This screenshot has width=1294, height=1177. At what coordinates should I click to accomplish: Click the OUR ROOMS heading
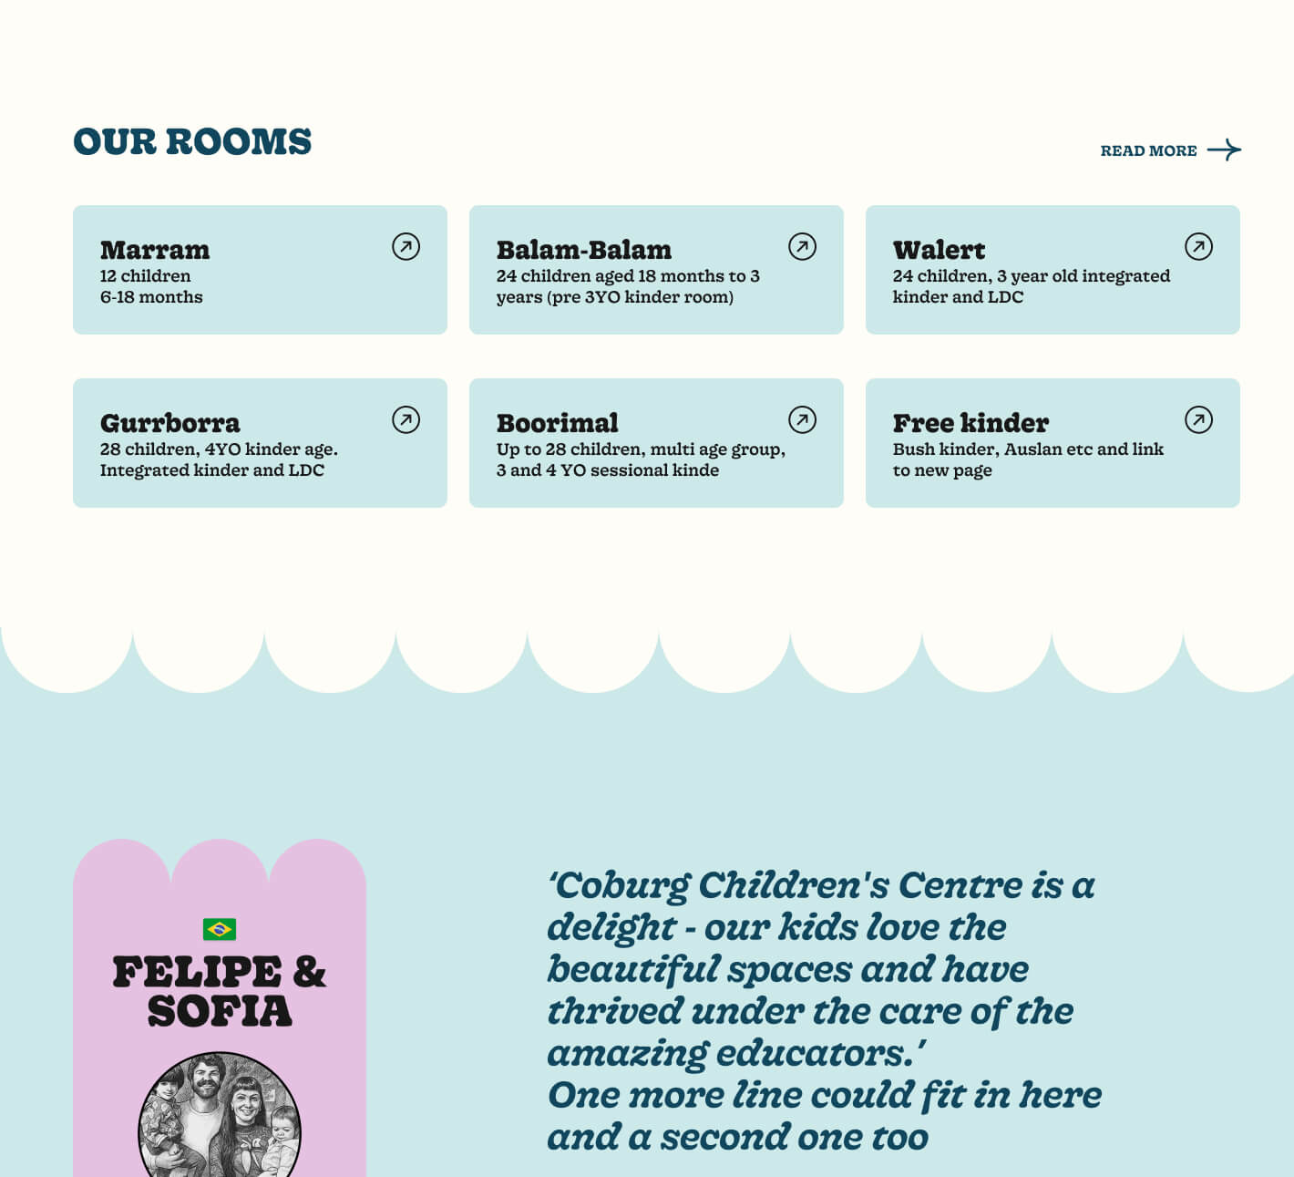tap(192, 142)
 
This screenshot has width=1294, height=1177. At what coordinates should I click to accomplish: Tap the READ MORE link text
tap(1148, 151)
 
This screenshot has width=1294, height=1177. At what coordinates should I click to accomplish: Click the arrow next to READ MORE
tap(1224, 150)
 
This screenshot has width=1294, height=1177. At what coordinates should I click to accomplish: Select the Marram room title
tap(155, 250)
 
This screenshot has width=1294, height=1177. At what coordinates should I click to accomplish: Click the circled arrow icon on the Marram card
tap(406, 246)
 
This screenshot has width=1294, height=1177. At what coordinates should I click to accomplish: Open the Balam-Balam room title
tap(583, 250)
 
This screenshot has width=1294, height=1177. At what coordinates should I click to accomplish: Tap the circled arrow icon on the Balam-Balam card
tap(802, 246)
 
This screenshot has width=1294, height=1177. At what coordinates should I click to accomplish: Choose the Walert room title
tap(939, 250)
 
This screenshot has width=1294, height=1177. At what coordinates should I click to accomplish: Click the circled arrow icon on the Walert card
tap(1198, 246)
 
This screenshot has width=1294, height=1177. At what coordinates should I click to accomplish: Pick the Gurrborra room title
tap(170, 423)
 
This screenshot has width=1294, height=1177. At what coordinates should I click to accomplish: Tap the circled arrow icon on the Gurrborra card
tap(406, 419)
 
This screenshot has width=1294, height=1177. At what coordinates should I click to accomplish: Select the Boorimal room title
tap(557, 423)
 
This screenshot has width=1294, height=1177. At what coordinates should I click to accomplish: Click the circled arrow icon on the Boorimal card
tap(802, 419)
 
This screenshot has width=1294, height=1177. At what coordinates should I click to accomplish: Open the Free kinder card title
tap(970, 423)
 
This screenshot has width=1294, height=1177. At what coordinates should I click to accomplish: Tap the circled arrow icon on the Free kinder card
tap(1198, 419)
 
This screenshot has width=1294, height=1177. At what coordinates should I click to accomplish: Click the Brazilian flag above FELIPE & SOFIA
tap(220, 929)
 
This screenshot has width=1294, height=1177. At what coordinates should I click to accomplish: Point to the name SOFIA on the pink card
tap(220, 1011)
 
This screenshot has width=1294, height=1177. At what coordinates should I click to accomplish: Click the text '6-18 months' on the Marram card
tap(151, 297)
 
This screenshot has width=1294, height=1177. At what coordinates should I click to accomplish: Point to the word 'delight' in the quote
tap(611, 927)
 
